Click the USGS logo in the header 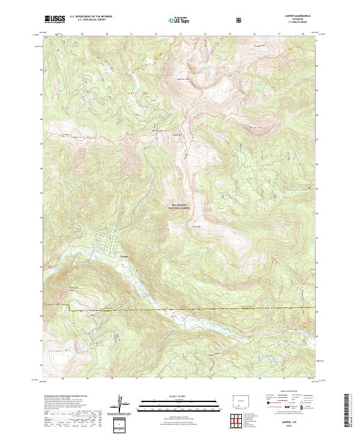point(55,19)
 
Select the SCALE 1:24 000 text point(179,396)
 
